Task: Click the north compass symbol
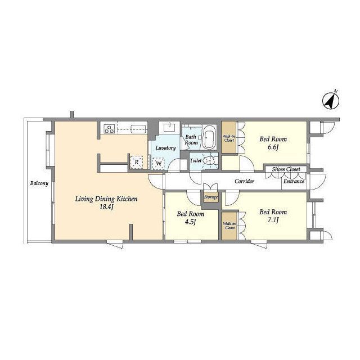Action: coord(331,101)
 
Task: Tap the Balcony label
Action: coord(39,183)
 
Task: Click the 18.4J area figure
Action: coord(106,207)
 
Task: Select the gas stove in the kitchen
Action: coord(109,129)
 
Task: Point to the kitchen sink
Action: coord(138,129)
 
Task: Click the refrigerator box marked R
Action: coord(137,162)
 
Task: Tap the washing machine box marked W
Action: coord(159,164)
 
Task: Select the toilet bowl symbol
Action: coord(209,160)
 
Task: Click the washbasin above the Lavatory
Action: coord(169,128)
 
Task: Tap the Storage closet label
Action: coord(211,197)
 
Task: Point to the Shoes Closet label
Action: coord(286,169)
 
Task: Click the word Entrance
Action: coord(294,181)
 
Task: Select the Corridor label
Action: coord(245,181)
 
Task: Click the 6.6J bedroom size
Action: coord(273,147)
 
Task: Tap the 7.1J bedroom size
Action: coord(273,220)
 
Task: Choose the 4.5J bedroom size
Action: coord(190,222)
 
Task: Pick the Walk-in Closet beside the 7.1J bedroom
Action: coord(230,226)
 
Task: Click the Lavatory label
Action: coord(166,148)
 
